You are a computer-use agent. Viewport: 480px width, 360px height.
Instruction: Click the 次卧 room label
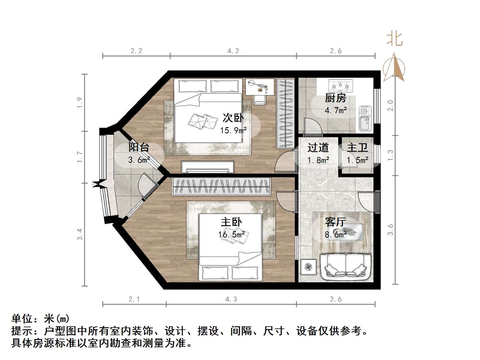point(233,117)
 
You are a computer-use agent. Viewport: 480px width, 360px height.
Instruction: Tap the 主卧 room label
point(231,222)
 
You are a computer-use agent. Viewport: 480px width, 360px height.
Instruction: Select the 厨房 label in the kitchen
point(335,98)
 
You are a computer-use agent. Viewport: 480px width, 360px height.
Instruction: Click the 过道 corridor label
point(318,148)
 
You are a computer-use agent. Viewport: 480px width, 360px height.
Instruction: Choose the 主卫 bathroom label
point(357,148)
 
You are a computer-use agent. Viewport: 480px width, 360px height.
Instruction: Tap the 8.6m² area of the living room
point(335,234)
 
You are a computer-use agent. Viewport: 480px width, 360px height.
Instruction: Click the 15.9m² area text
point(233,130)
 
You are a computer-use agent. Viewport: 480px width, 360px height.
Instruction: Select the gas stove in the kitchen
point(341,86)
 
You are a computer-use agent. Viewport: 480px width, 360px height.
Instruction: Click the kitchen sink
point(365,118)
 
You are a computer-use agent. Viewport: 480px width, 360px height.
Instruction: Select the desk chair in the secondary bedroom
point(260,99)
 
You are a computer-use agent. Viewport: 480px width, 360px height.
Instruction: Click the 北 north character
point(394,39)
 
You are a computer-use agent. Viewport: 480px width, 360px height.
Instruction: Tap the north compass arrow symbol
point(394,67)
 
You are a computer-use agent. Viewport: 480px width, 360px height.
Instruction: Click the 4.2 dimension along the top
point(233,51)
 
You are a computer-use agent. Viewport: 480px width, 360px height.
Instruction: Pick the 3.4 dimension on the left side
point(80,234)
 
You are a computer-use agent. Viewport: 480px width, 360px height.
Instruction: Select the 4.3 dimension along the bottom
point(231,299)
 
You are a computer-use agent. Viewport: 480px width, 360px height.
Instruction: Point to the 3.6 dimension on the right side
point(390,229)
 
